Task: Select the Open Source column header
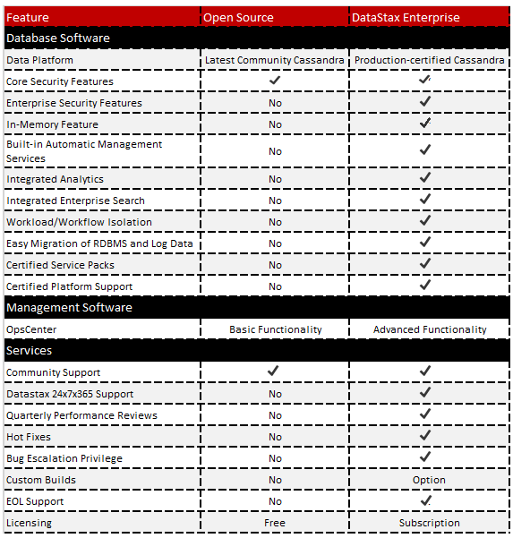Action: pos(238,17)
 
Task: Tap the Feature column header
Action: pos(28,17)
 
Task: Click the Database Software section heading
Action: pos(58,38)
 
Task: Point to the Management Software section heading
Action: pos(69,308)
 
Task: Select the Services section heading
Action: pos(30,351)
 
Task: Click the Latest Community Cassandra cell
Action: pos(274,60)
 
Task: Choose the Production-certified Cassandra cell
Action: pos(429,60)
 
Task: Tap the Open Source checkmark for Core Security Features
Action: pos(275,81)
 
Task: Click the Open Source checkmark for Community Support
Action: pos(275,371)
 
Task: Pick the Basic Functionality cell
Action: pos(275,329)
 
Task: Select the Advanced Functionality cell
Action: pos(430,329)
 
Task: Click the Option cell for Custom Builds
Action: pos(430,480)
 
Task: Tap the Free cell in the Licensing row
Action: pos(275,523)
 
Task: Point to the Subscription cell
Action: pos(430,523)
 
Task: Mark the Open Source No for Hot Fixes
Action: pos(275,437)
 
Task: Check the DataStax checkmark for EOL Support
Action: pos(426,500)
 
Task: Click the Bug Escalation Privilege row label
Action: pos(64,458)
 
